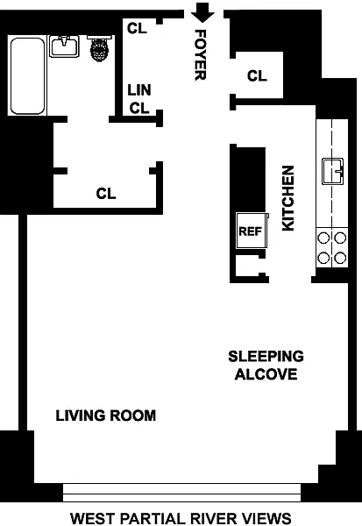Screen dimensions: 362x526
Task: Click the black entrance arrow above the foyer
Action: click(202, 13)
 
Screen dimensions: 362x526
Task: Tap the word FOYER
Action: click(201, 55)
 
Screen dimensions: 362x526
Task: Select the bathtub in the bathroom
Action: click(27, 76)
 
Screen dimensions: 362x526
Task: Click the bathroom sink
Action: click(64, 46)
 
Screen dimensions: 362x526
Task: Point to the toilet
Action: click(99, 48)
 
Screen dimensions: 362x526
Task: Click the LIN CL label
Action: click(139, 99)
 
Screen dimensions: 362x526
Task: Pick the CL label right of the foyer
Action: click(257, 75)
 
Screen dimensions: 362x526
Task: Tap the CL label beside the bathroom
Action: click(137, 28)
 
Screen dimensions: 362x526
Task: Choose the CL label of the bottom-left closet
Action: click(106, 194)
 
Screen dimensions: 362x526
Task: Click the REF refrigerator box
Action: click(252, 231)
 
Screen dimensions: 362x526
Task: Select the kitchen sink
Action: click(332, 171)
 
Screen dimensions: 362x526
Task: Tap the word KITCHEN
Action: click(288, 198)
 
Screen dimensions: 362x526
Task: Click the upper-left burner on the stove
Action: click(323, 238)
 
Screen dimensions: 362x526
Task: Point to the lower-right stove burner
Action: click(340, 258)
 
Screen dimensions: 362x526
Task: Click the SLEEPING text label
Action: click(266, 356)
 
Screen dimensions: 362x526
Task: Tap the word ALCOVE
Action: click(266, 374)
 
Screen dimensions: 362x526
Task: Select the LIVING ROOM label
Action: click(106, 416)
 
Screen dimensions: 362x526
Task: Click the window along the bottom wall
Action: click(181, 493)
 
